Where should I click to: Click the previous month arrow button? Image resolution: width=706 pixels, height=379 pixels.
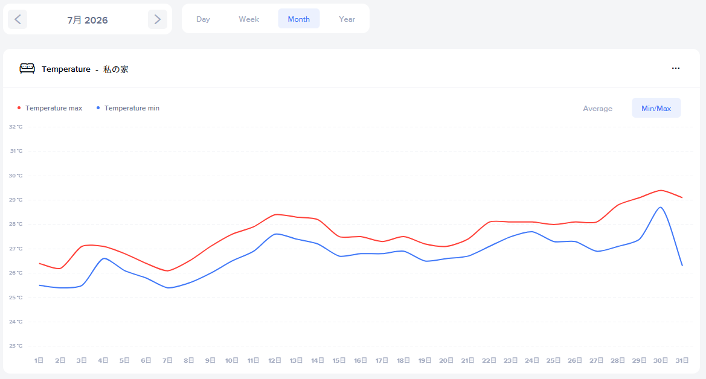point(18,19)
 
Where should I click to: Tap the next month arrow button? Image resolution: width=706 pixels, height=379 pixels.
point(158,19)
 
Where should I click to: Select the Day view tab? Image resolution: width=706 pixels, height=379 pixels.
point(203,19)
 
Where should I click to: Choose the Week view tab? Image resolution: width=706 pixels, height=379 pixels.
point(249,19)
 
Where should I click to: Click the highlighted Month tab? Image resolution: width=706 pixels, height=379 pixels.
point(299,19)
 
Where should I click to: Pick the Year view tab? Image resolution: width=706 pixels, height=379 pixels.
point(347,19)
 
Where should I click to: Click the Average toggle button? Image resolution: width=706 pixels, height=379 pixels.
point(597,108)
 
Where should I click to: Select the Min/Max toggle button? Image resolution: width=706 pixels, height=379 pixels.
point(656,108)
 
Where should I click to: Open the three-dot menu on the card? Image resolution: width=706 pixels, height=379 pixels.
point(675,68)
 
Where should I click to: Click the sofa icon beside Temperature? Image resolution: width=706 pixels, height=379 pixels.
point(27,68)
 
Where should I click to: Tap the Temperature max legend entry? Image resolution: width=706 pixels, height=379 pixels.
point(50,108)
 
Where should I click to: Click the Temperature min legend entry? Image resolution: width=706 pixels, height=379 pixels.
point(128,108)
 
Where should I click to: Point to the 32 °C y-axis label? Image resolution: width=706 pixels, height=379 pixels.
point(16,127)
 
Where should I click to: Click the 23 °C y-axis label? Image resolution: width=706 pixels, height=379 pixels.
point(16,346)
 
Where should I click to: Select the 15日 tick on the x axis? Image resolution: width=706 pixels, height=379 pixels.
point(339,360)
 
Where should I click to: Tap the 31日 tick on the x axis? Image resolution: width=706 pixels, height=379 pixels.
point(682,360)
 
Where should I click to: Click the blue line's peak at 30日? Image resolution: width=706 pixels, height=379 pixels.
point(661,207)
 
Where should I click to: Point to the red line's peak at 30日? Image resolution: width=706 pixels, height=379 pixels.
point(661,190)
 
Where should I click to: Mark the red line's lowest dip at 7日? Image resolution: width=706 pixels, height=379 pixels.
point(167,270)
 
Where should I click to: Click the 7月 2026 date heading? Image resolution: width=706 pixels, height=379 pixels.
point(88,20)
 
